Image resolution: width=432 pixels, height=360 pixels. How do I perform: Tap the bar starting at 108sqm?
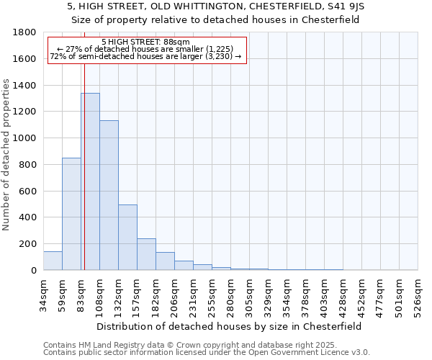click(x=109, y=195)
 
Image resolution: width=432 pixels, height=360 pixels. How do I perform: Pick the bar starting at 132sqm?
click(x=127, y=237)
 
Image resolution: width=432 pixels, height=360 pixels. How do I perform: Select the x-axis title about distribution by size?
click(x=231, y=326)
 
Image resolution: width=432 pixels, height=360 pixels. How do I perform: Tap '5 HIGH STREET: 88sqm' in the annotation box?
click(x=145, y=42)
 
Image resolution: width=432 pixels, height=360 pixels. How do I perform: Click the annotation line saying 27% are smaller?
click(x=147, y=49)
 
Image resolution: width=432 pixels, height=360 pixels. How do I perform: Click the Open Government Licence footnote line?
click(x=207, y=353)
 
